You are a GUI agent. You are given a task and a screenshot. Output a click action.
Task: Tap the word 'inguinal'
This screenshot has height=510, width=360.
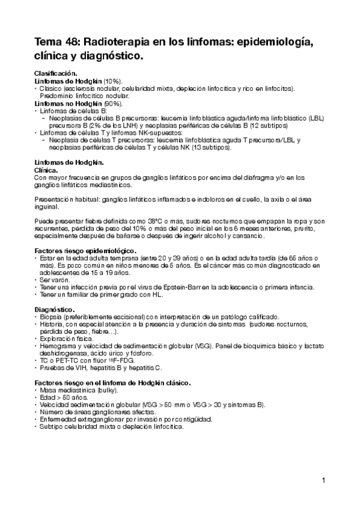pyautogui.click(x=47, y=206)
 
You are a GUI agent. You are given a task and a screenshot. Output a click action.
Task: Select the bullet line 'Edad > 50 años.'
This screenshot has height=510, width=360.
pyautogui.click(x=63, y=397)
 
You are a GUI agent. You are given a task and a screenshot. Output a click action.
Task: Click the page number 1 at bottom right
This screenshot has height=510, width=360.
pyautogui.click(x=323, y=480)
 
